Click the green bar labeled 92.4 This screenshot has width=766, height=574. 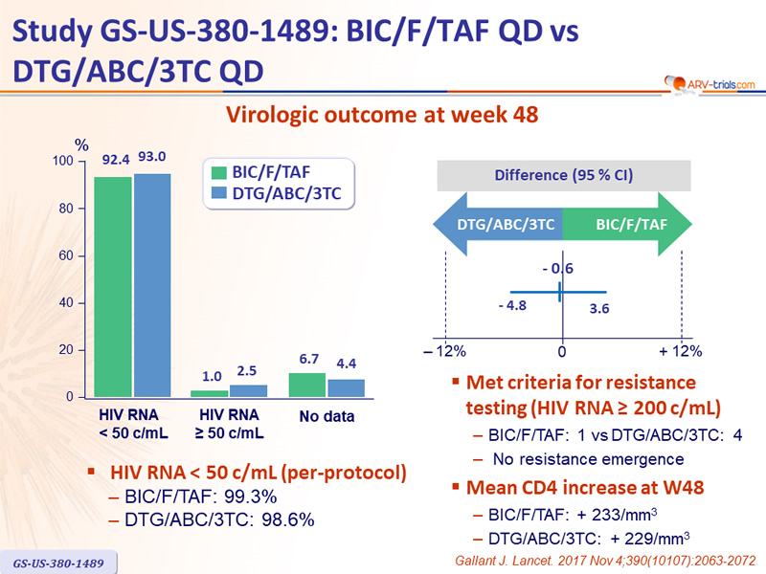click(x=113, y=287)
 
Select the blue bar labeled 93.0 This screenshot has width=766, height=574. click(x=152, y=285)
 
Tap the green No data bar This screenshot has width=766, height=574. click(x=306, y=386)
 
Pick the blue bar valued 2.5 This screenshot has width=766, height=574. click(x=249, y=391)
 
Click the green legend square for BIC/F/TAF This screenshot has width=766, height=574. click(x=219, y=173)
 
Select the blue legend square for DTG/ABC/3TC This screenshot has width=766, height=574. click(x=219, y=193)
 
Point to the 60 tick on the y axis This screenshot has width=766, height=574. click(x=66, y=255)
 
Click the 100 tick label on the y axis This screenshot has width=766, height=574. click(x=62, y=161)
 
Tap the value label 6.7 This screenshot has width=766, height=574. click(x=308, y=360)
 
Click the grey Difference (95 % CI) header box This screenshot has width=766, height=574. click(x=564, y=175)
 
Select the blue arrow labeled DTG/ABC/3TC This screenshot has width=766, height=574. click(x=498, y=224)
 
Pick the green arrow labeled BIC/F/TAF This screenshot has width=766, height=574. click(x=627, y=224)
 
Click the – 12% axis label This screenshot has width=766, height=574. click(x=444, y=351)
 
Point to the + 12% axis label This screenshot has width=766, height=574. click(x=681, y=351)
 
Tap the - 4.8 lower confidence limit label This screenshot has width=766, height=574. click(x=512, y=305)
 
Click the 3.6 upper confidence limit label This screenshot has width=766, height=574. click(x=599, y=308)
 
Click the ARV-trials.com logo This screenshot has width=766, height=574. click(x=710, y=84)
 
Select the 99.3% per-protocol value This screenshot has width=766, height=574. click(x=251, y=497)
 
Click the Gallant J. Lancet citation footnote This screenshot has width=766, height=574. click(x=605, y=561)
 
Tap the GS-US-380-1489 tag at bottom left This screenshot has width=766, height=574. click(x=58, y=563)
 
